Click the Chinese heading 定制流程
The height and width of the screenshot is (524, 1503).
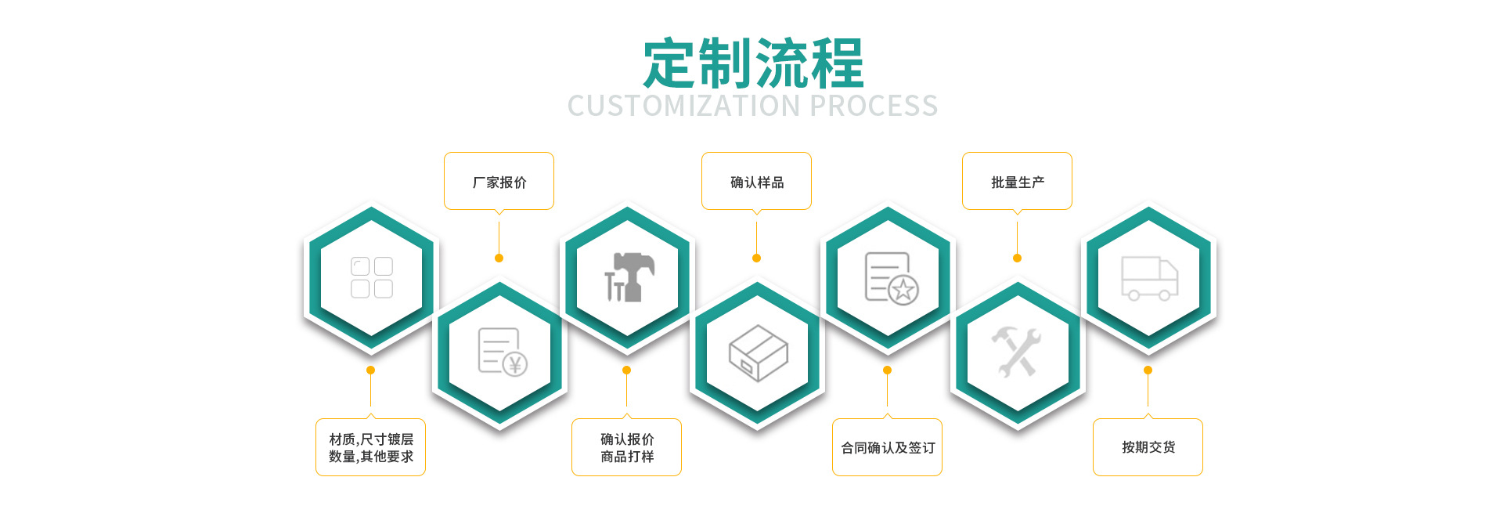[753, 63]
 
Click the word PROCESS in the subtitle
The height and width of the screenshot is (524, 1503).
[874, 106]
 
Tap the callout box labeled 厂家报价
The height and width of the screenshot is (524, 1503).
[499, 182]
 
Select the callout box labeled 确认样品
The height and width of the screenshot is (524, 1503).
[756, 182]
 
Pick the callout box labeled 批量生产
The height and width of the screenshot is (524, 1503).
[1017, 182]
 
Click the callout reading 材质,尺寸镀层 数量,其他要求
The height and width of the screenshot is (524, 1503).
[370, 447]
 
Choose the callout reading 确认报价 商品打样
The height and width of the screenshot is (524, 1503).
[626, 447]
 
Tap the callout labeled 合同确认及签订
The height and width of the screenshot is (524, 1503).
[887, 447]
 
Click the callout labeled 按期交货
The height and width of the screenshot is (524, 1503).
[1148, 447]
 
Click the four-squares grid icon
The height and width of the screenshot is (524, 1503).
[371, 277]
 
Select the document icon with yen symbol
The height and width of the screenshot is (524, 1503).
[502, 352]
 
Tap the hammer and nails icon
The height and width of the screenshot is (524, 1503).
[628, 276]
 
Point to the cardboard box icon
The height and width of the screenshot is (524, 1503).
[758, 353]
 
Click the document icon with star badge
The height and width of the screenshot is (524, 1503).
[890, 278]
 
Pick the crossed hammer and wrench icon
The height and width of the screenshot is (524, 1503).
[1017, 352]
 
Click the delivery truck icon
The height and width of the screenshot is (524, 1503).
[1149, 278]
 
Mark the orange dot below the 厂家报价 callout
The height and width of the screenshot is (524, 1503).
[499, 258]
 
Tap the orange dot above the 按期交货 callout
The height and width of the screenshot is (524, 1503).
[1148, 370]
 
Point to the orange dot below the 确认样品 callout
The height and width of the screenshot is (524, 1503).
[756, 258]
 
